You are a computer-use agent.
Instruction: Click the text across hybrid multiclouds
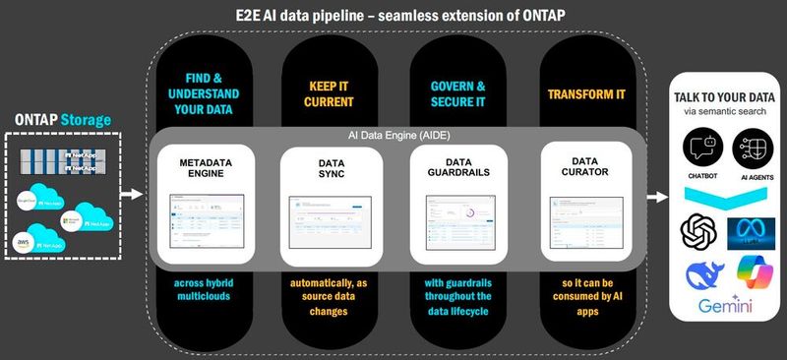point(201,291)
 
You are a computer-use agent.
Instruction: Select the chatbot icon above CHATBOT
point(699,151)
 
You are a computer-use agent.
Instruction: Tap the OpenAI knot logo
point(698,233)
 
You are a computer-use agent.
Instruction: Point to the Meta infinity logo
point(753,234)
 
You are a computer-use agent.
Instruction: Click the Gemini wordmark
point(726,307)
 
